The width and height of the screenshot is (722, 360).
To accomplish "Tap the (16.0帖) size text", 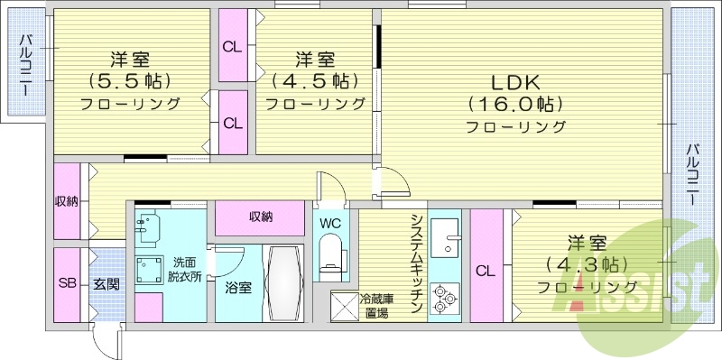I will click(515, 103).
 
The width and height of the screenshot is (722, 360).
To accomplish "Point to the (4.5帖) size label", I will click(315, 80).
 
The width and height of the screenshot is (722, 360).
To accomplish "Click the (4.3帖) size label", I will click(587, 265).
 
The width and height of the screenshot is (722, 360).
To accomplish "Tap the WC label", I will click(329, 221).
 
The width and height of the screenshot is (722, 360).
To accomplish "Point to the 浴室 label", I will click(238, 288).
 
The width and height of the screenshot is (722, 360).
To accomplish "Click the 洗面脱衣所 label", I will click(188, 269).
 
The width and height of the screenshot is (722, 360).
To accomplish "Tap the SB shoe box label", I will click(68, 283).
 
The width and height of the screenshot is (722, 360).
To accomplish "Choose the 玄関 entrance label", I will click(106, 283).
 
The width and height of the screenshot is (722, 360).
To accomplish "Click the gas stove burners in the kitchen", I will click(444, 299).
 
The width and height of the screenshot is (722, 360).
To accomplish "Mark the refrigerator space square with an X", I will click(344, 307).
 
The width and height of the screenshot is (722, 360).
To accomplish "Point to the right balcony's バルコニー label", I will click(692, 177).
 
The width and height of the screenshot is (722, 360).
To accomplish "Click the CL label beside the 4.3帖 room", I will click(485, 271).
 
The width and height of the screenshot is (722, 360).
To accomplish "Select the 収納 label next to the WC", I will click(261, 217).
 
